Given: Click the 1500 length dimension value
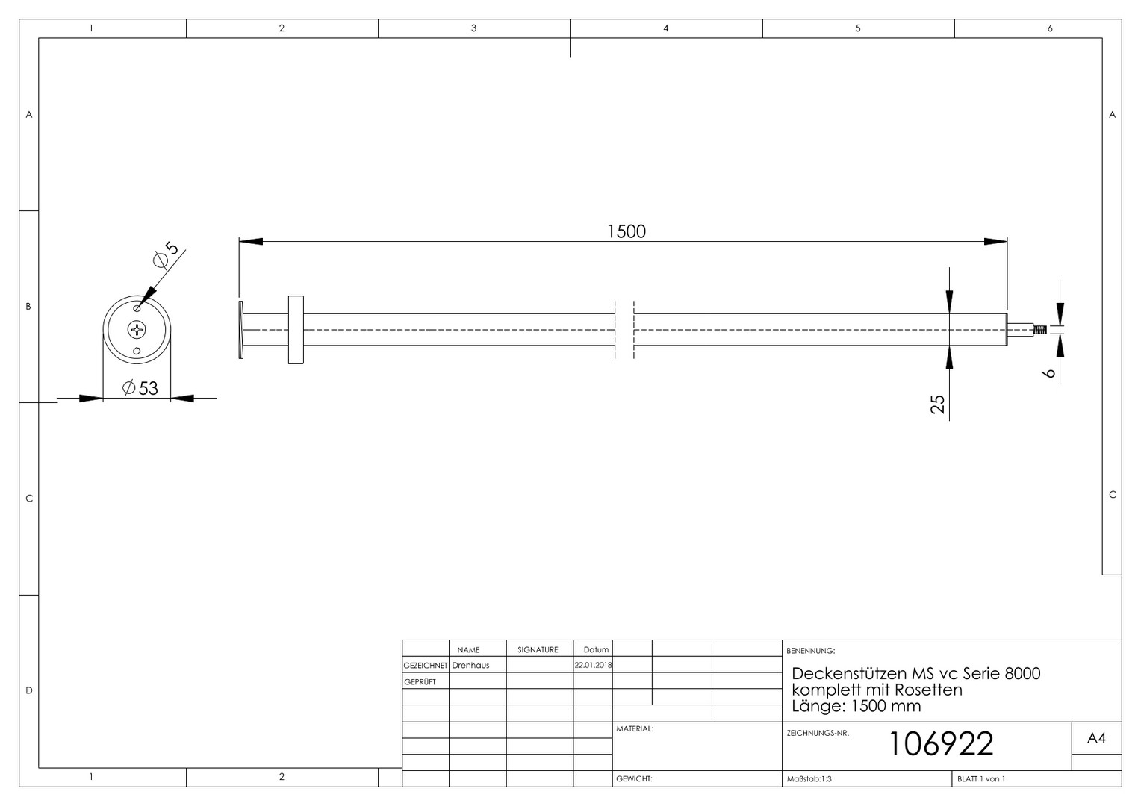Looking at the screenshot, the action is click(627, 231).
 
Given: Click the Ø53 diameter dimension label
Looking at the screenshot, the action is click(140, 388).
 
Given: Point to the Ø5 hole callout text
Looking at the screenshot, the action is click(167, 254).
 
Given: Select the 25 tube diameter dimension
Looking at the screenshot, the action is click(937, 404).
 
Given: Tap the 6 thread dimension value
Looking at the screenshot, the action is click(1048, 372).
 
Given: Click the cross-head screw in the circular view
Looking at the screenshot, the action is click(137, 330).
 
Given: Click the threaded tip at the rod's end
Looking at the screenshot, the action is click(1040, 330).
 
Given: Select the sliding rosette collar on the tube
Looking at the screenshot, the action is click(296, 330).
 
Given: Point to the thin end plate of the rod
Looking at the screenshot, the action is click(241, 330).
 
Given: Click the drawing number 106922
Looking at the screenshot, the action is click(941, 744).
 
